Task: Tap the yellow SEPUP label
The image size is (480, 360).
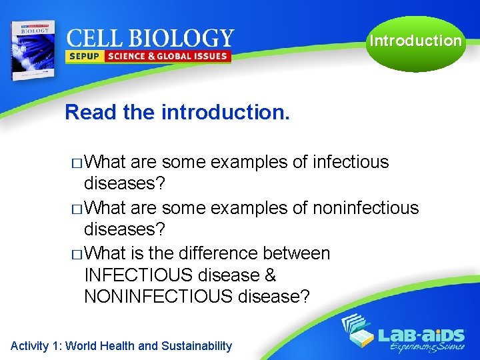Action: (x=83, y=57)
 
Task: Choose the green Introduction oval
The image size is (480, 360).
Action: (x=415, y=41)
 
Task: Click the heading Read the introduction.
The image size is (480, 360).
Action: (x=177, y=112)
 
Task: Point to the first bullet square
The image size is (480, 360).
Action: (x=77, y=163)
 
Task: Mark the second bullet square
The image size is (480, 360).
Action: (x=77, y=209)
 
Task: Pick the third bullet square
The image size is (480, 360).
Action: (x=77, y=255)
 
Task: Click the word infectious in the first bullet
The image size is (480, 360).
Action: (x=351, y=162)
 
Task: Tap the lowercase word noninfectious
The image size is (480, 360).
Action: (x=365, y=208)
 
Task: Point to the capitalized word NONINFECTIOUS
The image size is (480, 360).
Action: (x=158, y=297)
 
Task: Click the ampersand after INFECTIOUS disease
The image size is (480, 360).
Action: (x=269, y=275)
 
